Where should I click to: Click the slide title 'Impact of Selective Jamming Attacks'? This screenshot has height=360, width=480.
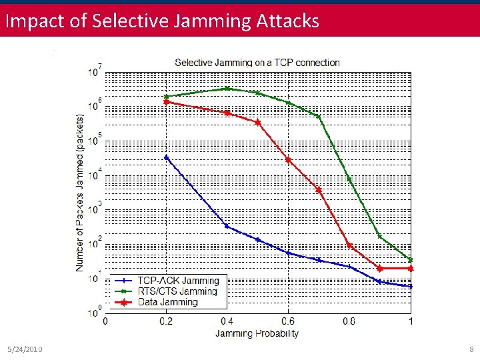(162, 21)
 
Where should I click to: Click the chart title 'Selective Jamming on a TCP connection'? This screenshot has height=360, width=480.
(257, 63)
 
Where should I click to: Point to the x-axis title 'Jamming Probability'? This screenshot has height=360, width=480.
(257, 333)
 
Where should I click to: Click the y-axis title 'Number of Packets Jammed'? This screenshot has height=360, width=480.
(80, 192)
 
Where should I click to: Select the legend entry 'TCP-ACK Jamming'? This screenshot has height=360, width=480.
(178, 281)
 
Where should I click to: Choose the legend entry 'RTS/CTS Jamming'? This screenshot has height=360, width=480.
(177, 291)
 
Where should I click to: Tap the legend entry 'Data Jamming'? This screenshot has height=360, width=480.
(167, 302)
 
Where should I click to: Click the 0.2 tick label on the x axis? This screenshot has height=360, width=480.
(166, 321)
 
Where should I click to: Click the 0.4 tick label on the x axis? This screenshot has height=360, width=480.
(227, 321)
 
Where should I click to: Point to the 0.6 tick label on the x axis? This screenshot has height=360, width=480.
(288, 321)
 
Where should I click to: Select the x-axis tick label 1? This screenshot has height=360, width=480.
(410, 321)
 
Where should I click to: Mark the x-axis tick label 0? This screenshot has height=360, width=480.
(105, 321)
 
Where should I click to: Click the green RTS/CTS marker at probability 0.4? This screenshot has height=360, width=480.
(227, 89)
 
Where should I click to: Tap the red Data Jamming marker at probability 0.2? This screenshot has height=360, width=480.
(166, 102)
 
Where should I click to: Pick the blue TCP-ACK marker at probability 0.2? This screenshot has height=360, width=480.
(166, 157)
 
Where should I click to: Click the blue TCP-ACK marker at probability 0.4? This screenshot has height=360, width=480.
(227, 226)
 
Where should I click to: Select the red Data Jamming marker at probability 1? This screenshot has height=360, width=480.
(410, 268)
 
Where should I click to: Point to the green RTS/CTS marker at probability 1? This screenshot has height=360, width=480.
(410, 259)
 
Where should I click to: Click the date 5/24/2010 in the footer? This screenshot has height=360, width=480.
(25, 349)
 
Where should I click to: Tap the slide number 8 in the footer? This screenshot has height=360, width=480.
(471, 349)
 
